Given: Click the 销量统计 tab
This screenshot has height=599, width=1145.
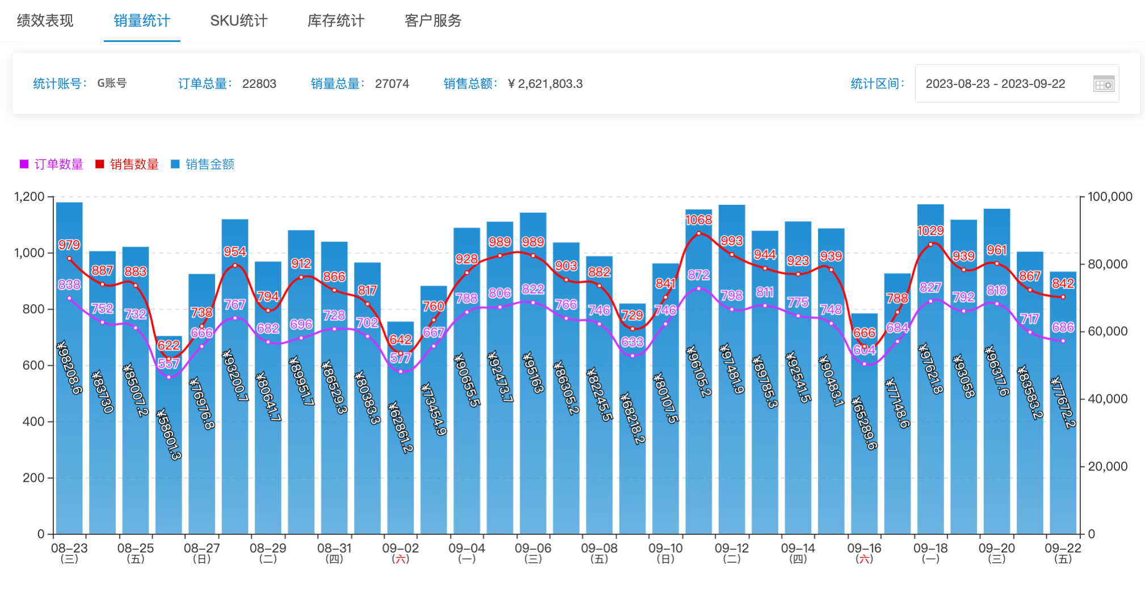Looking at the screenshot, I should coord(142,21).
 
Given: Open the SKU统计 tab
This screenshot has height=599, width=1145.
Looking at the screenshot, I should coord(238,21).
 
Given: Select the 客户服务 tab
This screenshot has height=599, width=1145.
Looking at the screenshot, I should coord(433,21).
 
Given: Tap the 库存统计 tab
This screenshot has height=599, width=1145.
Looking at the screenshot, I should coord(336,21).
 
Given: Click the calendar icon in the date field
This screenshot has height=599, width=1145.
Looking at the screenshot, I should coord(1104,84).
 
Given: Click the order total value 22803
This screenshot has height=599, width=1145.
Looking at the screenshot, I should coord(259,84).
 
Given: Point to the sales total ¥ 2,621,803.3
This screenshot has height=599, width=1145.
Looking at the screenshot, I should coord(545,84).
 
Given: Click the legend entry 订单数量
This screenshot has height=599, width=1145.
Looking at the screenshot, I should coord(52,164).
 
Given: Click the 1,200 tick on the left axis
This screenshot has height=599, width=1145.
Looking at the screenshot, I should coord(30,197).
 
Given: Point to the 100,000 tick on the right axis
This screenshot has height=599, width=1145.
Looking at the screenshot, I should coord(1110,197).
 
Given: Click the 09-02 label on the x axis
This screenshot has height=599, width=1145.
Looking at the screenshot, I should coord(401,549).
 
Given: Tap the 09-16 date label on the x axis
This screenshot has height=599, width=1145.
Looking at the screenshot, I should coord(864,549).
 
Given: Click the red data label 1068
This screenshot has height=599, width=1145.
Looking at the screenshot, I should coord(698,220).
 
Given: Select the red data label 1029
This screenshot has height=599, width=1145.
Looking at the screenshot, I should coord(931,231).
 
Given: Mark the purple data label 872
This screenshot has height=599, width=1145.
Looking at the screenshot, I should coord(698,275).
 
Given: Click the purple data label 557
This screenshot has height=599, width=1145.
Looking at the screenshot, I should coord(169,364).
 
